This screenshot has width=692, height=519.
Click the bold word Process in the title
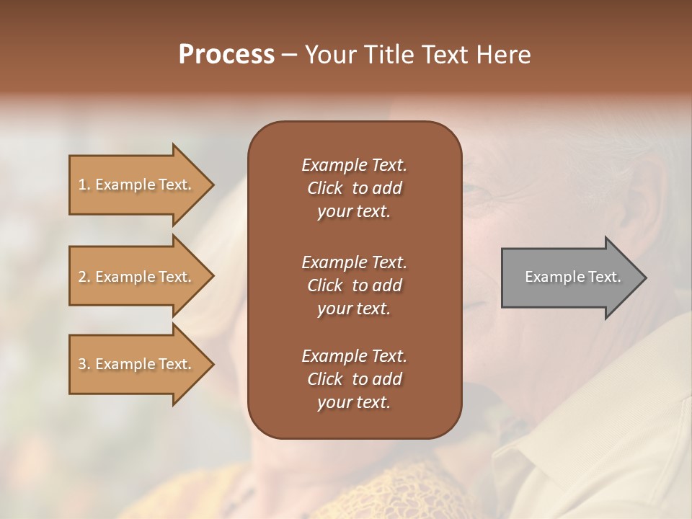226,55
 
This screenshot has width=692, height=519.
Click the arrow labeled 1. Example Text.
137,185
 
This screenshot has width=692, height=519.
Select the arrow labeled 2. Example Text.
137,277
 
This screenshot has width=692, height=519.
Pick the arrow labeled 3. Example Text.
137,364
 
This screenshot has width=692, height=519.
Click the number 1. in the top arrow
84,185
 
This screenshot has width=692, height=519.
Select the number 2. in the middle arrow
84,277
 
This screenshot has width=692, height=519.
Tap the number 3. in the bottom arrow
84,364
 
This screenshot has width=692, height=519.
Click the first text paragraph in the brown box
354,188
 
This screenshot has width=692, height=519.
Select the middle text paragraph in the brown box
354,285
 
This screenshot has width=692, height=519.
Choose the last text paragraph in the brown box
354,379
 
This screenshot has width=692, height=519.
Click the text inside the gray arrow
573,277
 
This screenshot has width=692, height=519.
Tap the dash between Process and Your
289,56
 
